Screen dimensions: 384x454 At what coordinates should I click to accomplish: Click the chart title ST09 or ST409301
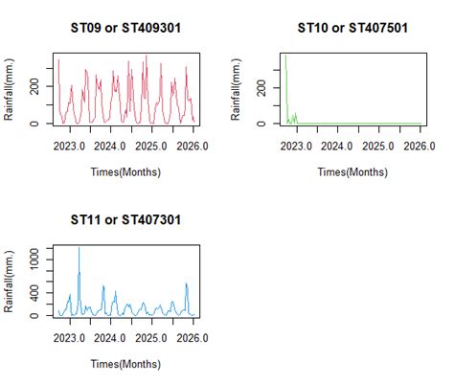125,27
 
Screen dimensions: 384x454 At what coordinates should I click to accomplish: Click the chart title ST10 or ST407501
352,27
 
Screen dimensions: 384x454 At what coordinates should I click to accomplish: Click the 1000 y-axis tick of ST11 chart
37,256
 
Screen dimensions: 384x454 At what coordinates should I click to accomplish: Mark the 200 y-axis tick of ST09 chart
37,86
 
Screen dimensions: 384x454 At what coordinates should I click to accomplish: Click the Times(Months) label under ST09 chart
125,172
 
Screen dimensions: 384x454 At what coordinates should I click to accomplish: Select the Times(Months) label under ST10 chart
352,172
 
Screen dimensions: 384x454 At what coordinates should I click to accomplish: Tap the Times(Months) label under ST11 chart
125,365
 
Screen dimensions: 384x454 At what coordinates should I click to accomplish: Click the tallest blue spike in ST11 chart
79,249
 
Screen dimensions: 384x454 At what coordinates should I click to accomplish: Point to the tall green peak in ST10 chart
285,57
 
